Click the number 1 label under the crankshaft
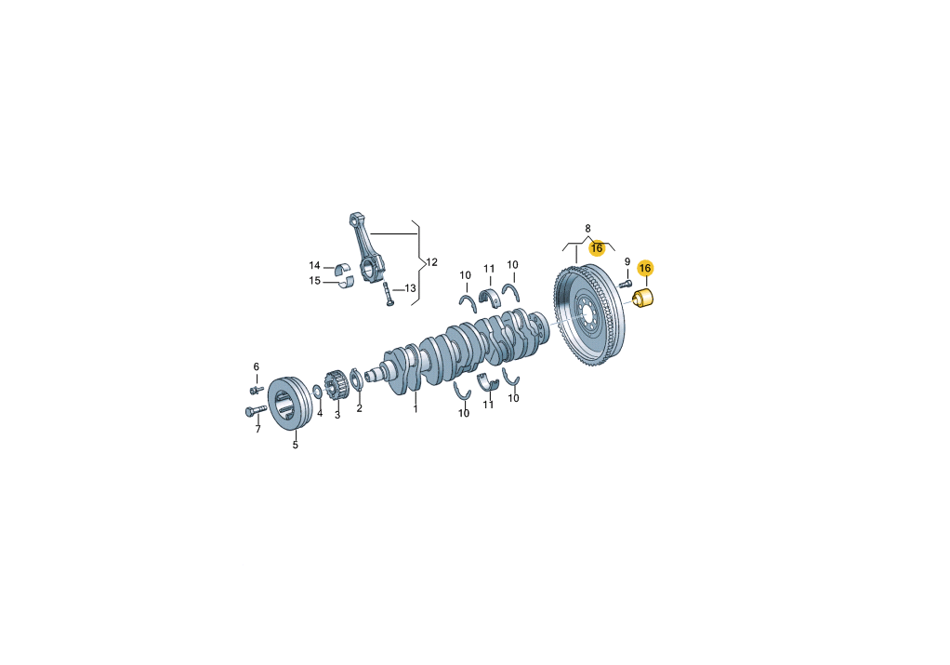click(x=416, y=409)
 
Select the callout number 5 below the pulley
click(x=296, y=445)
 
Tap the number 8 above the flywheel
click(x=587, y=229)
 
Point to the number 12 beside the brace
click(x=431, y=262)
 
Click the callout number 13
click(x=410, y=288)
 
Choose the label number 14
click(x=314, y=265)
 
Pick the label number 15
click(x=314, y=281)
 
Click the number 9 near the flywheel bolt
click(x=627, y=262)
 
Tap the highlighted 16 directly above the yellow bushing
click(x=645, y=268)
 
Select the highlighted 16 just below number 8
click(x=597, y=248)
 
